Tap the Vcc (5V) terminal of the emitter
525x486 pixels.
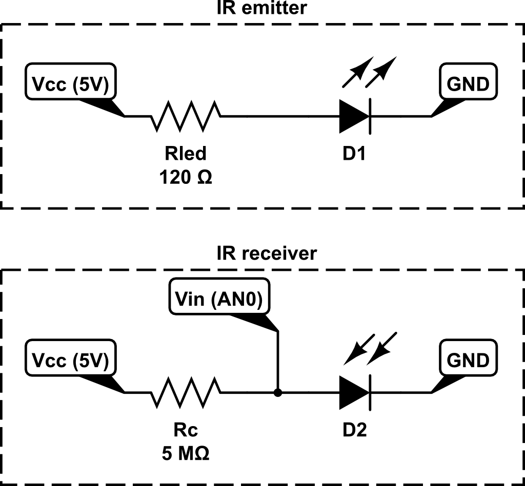[70, 84]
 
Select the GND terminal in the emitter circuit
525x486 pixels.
[469, 84]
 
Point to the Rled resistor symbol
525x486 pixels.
[186, 116]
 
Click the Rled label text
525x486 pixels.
[185, 153]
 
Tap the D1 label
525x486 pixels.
[355, 153]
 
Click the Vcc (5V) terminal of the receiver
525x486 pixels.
[70, 361]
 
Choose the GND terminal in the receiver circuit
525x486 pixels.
[469, 361]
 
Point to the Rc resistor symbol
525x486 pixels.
[186, 393]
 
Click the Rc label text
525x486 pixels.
[185, 430]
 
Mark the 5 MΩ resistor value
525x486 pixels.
[185, 454]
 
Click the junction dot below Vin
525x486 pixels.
[278, 393]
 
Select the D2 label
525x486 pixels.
[355, 430]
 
